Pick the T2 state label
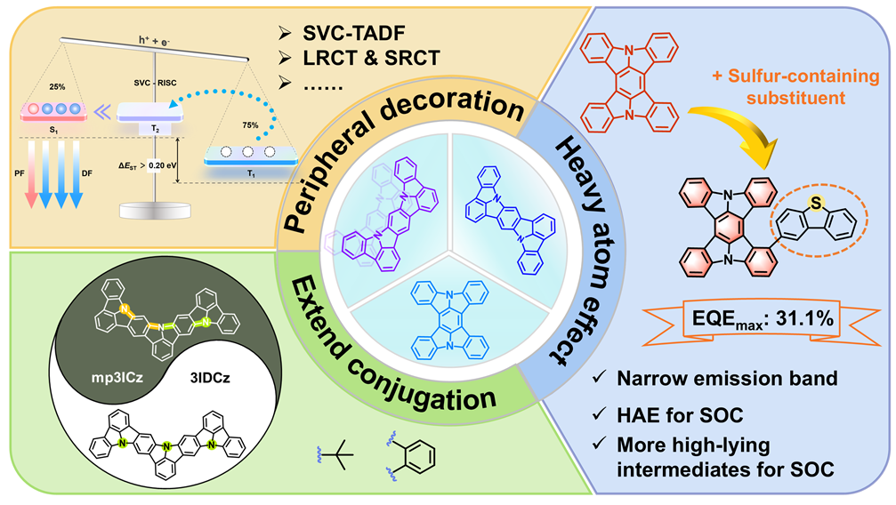pos(155,128)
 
